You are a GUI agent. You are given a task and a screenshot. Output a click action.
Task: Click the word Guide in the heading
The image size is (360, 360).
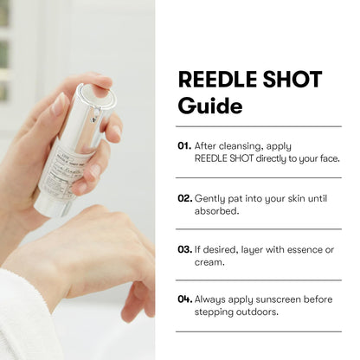click(x=210, y=106)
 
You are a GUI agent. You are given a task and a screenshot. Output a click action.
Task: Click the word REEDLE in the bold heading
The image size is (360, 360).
click(x=216, y=80)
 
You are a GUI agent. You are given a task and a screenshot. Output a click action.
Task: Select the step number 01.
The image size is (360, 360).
click(x=184, y=145)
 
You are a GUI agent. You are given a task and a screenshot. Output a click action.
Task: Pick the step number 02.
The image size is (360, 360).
click(x=184, y=197)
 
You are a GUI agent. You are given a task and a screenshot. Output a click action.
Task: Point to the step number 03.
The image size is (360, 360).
click(x=184, y=249)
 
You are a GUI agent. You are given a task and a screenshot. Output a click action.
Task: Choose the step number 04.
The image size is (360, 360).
click(x=184, y=299)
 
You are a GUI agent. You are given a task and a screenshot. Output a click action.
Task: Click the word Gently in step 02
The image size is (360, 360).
click(x=210, y=197)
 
